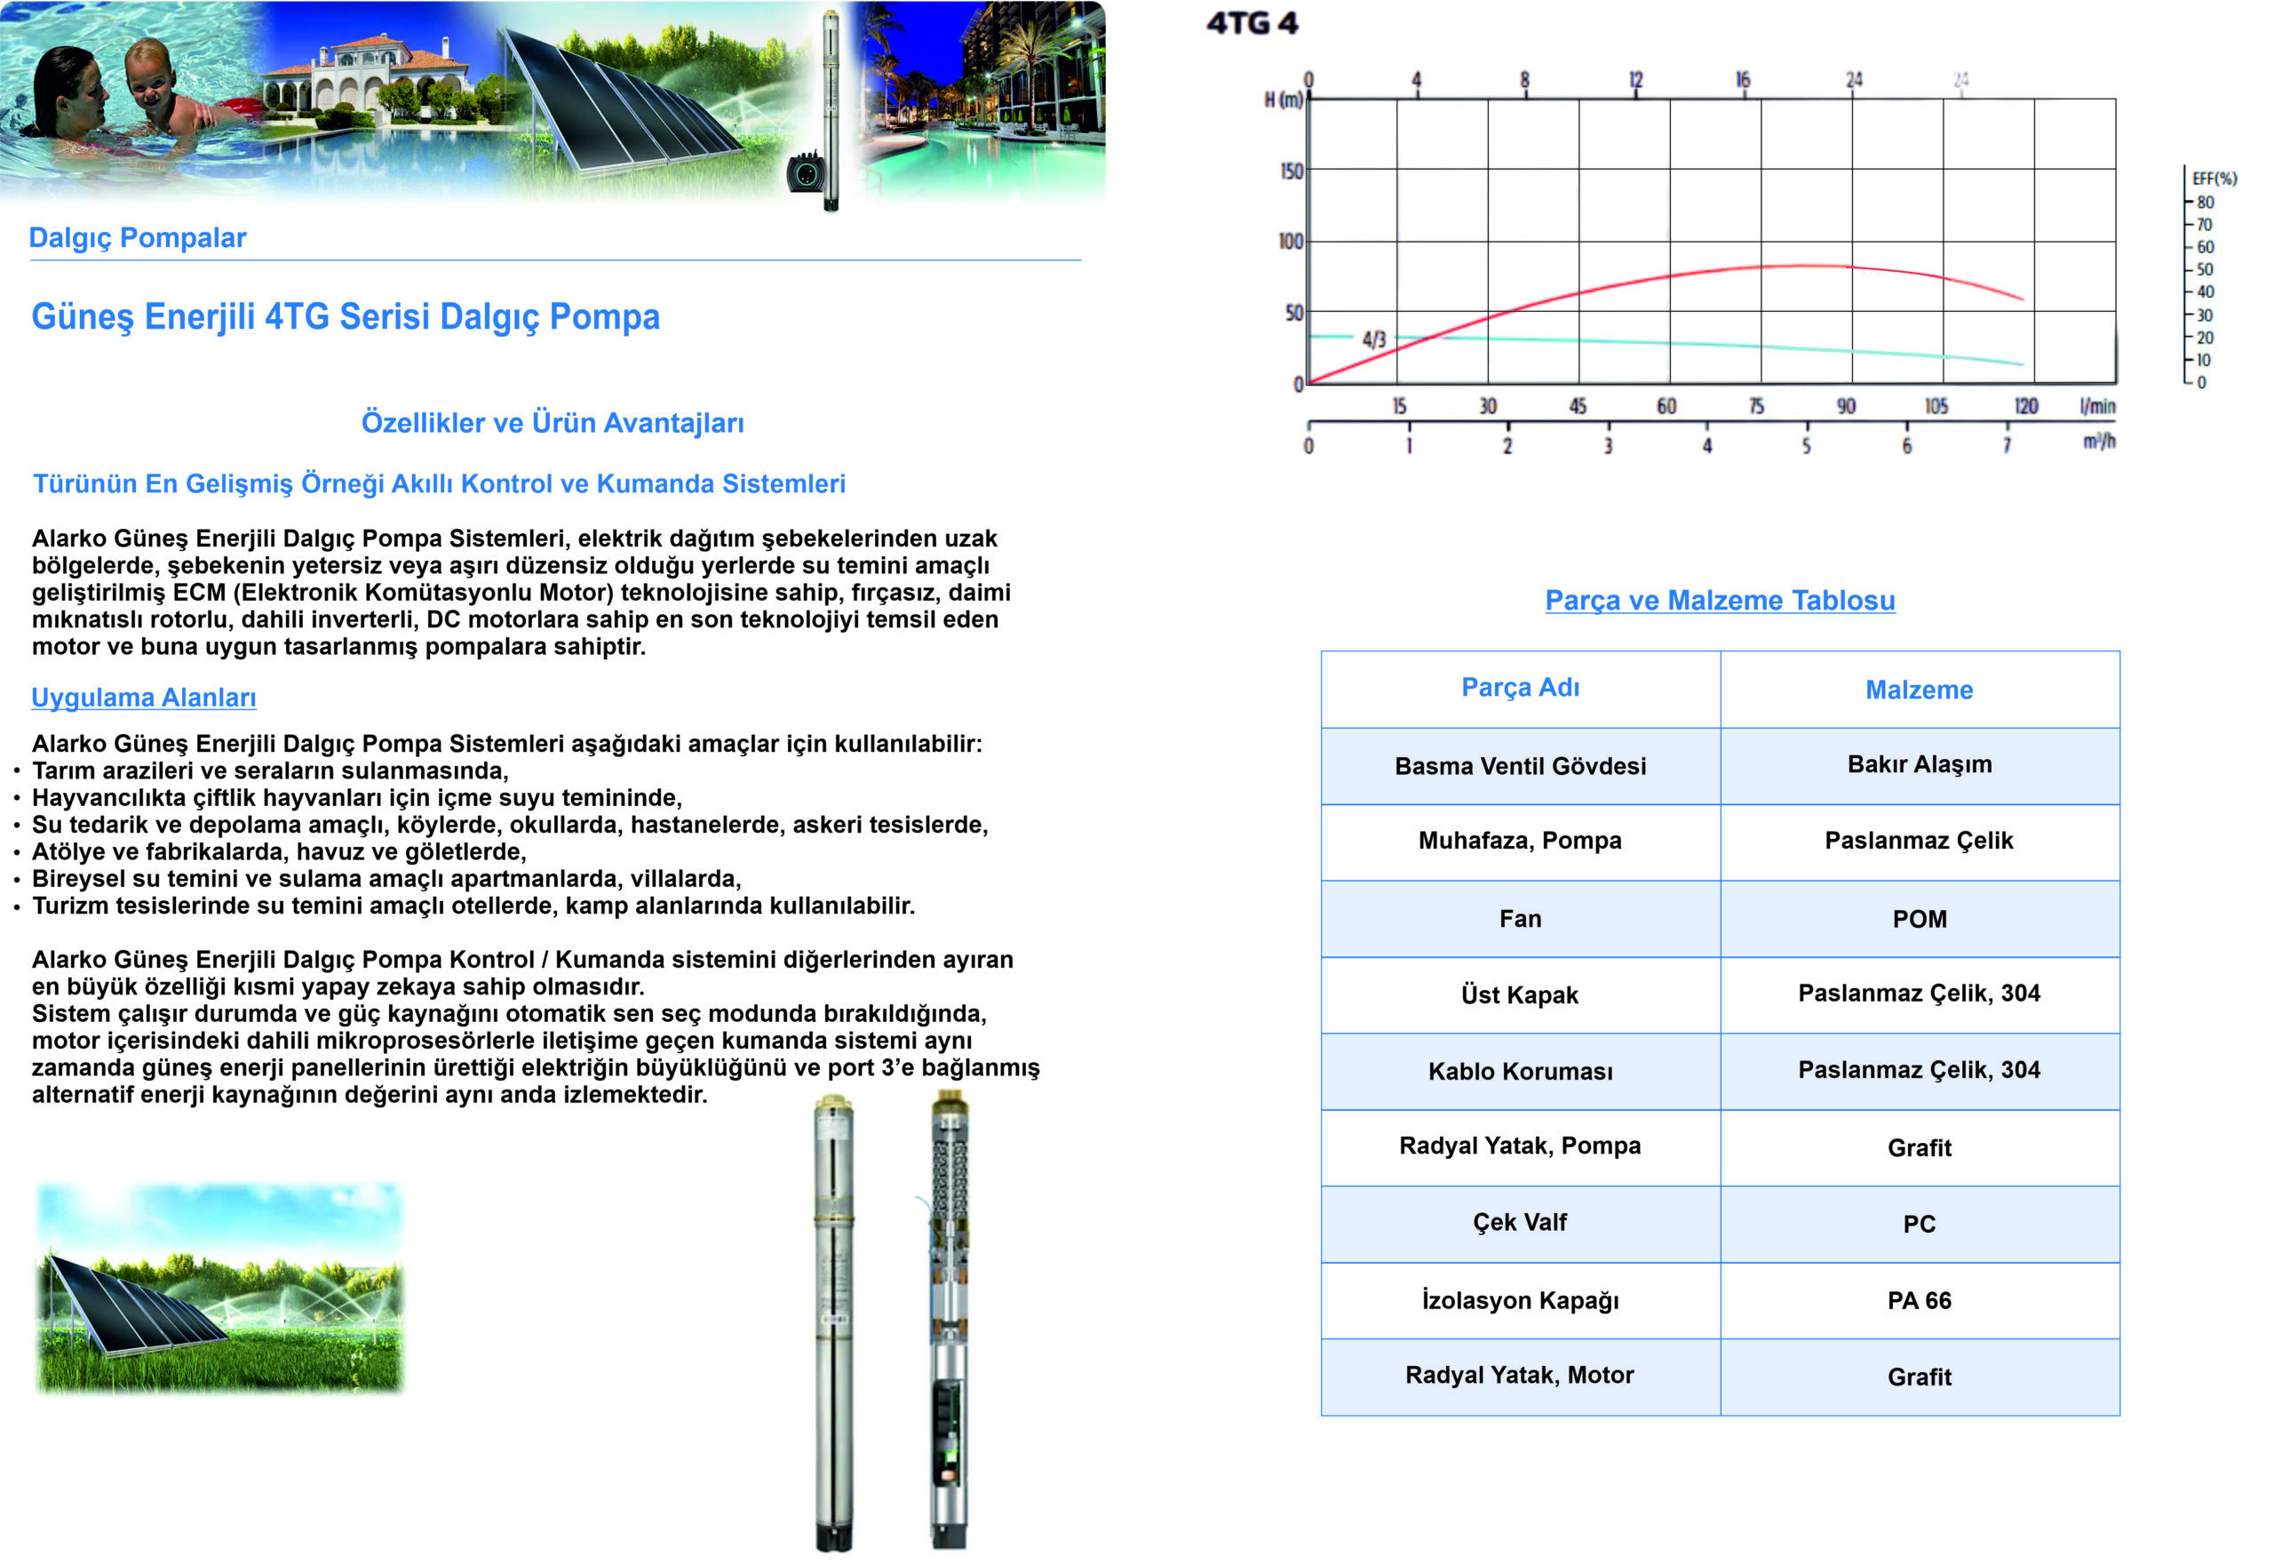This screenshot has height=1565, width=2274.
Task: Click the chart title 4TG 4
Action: [1252, 22]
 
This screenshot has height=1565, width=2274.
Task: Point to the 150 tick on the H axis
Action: [1291, 171]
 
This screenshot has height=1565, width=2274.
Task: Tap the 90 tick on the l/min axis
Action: [1846, 406]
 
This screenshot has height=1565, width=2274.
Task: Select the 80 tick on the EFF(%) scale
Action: [2205, 202]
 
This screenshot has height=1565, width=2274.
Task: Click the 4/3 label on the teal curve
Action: [1373, 339]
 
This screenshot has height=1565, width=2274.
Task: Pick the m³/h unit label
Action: [2098, 442]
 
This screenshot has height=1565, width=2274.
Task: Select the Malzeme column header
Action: [1918, 690]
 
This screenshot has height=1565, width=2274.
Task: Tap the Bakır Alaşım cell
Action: [1918, 764]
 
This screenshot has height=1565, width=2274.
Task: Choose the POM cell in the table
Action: [1918, 919]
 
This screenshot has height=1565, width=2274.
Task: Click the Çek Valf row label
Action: [1519, 1222]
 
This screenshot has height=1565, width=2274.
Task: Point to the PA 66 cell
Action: [1918, 1300]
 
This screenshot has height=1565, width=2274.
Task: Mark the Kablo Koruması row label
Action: [1519, 1071]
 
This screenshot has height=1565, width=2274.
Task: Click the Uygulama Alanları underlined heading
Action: [144, 698]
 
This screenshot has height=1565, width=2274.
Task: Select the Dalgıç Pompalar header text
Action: [137, 237]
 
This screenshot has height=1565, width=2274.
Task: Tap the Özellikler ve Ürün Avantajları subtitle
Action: [552, 423]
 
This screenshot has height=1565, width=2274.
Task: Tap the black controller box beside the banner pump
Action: [806, 172]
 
